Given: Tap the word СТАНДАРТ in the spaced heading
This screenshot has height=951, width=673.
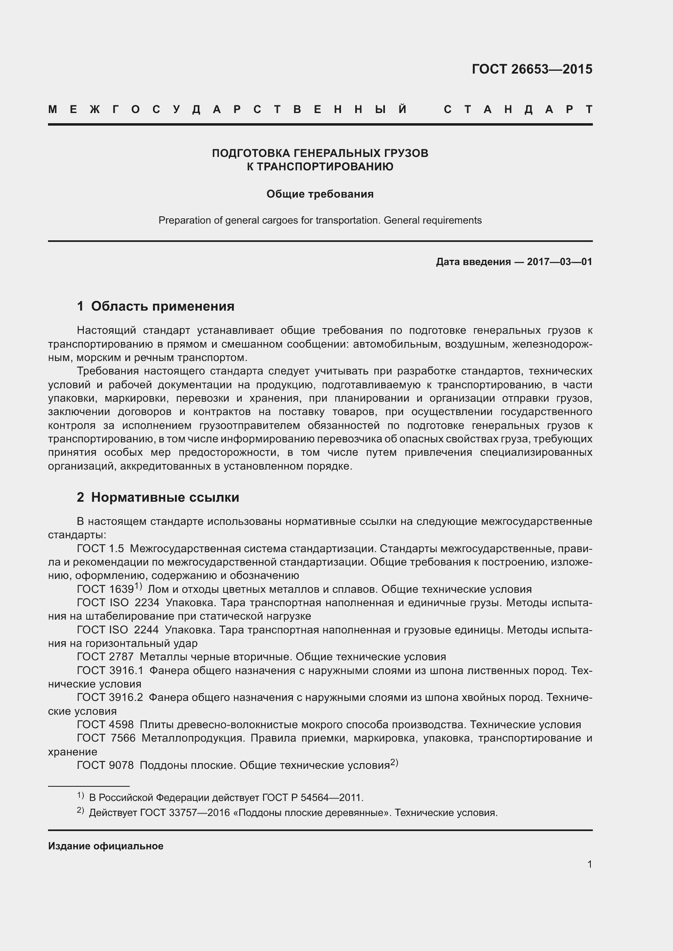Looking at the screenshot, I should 518,109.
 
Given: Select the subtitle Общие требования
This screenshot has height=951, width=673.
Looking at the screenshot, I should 320,194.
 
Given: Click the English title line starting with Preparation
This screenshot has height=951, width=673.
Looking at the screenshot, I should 320,220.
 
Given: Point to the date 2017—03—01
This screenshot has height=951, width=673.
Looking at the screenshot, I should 559,262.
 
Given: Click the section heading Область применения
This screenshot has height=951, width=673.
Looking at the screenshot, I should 162,306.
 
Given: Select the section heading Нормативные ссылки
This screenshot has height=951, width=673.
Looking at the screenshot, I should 165,497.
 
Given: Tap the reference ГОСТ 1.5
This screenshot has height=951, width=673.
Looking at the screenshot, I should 101,548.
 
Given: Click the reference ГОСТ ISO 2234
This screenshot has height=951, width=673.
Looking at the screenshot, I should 118,603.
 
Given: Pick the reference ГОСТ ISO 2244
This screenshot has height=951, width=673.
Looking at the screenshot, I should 118,629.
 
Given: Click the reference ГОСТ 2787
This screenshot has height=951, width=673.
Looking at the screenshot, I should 105,657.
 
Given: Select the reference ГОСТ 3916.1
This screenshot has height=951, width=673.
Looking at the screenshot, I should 110,670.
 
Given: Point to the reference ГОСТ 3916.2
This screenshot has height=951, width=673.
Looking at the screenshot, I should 110,697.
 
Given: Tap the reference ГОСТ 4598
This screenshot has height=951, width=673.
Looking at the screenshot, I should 105,725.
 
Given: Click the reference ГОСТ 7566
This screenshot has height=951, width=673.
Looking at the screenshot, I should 106,738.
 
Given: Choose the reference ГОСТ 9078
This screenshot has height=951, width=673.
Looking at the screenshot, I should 105,765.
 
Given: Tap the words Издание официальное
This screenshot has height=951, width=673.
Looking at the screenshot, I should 106,846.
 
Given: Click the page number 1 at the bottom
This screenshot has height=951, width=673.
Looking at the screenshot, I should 589,864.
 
